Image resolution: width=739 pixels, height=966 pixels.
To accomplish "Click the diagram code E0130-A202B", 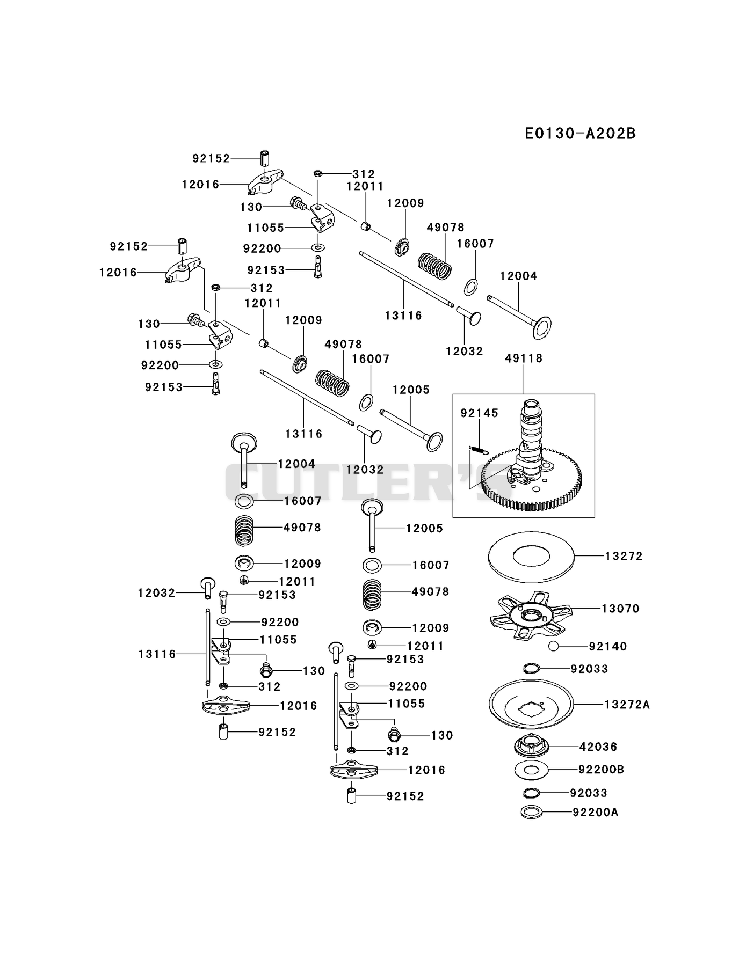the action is point(580,133).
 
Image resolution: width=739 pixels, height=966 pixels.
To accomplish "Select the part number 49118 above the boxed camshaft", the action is point(524,358).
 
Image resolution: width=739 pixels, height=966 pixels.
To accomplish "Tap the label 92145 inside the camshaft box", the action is point(480,413).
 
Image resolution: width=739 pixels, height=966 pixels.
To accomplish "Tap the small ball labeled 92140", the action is point(554,646).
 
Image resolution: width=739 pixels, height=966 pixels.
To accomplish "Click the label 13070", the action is point(620,609).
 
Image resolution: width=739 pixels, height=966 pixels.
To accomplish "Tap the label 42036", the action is point(598,747).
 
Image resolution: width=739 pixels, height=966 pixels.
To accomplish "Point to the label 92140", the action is point(608,646).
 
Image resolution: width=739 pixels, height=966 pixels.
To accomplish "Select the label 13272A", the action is point(627,704).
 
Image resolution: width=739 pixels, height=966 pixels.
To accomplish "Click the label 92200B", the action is point(601,769).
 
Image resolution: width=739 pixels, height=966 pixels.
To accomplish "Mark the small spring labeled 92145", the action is point(479,450).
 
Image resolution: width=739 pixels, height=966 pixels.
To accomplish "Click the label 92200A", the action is point(595,812).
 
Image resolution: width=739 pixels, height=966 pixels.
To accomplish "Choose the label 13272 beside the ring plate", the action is point(624,556).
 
